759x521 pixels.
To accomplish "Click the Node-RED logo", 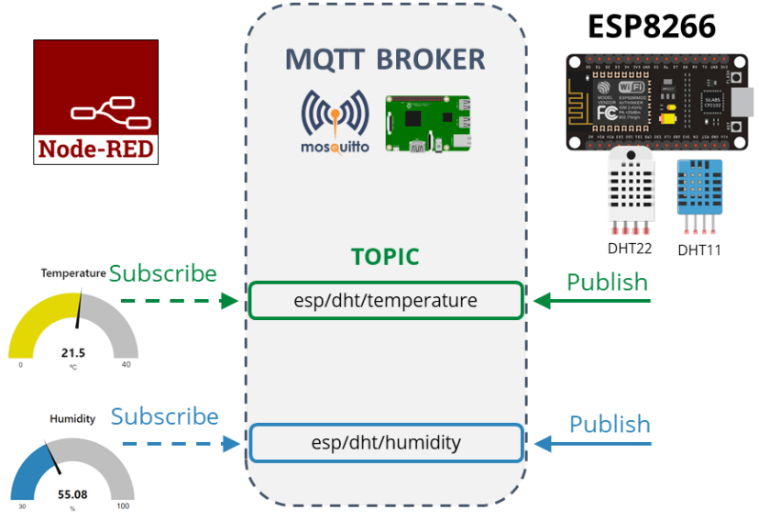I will (95, 102).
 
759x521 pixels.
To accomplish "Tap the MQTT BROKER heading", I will (385, 60).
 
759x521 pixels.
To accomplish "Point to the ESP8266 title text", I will (652, 27).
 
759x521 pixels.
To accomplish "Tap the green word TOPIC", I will (385, 257).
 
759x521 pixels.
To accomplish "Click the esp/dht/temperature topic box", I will (385, 300).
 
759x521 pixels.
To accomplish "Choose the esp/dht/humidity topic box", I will (385, 443).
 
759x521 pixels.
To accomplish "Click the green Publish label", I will (607, 283).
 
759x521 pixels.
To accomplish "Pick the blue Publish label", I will (610, 425).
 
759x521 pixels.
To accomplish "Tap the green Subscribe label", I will (163, 273).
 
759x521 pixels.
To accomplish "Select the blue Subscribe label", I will (165, 416).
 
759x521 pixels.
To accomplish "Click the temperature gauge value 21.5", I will (73, 352).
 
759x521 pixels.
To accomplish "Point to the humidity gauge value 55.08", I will (73, 494).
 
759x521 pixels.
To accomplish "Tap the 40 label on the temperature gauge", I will (126, 365).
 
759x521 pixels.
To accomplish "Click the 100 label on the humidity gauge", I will (123, 506).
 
